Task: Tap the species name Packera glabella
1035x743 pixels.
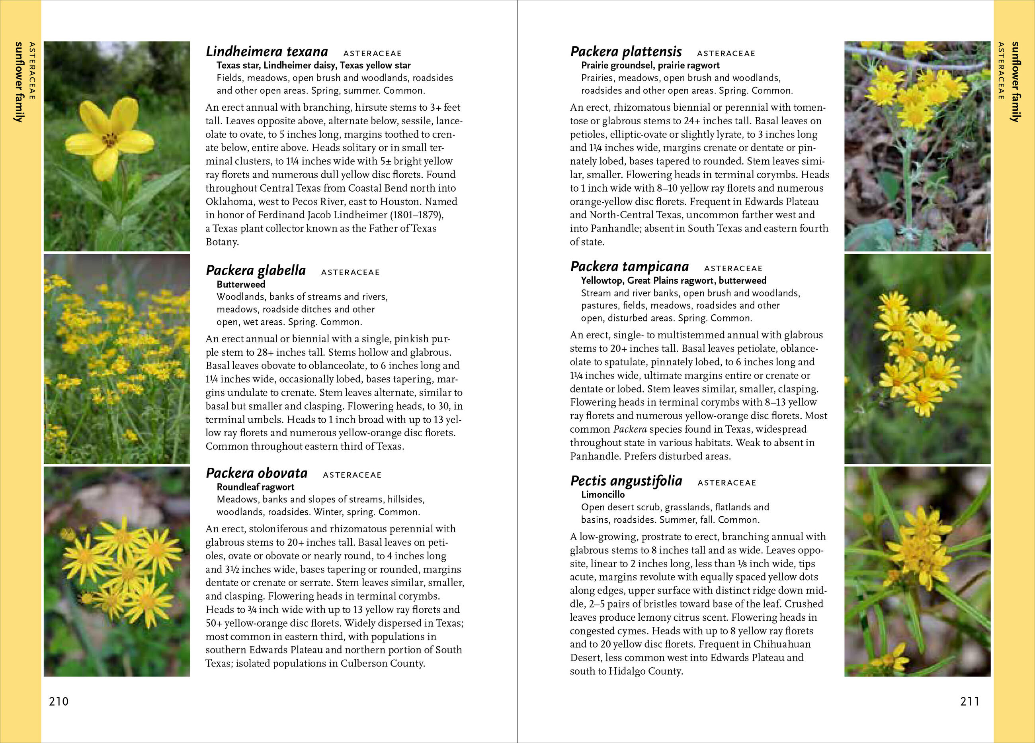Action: click(x=256, y=271)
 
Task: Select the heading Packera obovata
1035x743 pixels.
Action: click(x=256, y=473)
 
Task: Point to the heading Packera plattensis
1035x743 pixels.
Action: click(x=626, y=52)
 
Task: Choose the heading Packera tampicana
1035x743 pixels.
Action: click(x=629, y=267)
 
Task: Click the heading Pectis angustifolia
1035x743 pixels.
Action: click(x=626, y=481)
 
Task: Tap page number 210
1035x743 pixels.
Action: click(x=59, y=702)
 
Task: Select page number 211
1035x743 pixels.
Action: click(x=970, y=702)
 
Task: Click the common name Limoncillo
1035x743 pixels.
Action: click(x=603, y=494)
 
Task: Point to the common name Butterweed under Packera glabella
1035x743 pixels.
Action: click(x=240, y=284)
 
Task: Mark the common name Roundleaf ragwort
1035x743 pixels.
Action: click(x=255, y=487)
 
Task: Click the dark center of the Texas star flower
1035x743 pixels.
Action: click(x=110, y=139)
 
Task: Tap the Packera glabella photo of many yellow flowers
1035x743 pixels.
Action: click(x=117, y=359)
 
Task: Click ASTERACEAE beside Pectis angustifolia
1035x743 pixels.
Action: click(x=727, y=483)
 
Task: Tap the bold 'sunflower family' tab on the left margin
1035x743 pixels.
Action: click(x=19, y=82)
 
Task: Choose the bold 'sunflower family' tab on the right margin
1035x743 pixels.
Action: click(x=1015, y=82)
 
